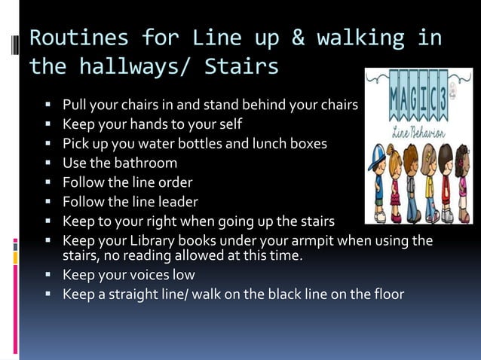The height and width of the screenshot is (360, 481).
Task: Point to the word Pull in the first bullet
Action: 75,104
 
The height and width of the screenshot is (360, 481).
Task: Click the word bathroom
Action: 142,163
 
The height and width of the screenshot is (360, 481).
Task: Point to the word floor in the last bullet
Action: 388,294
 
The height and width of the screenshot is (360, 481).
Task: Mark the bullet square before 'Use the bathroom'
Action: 47,163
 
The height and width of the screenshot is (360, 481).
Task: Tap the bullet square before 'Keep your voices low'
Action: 47,275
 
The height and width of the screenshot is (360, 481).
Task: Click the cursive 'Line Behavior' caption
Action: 418,133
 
